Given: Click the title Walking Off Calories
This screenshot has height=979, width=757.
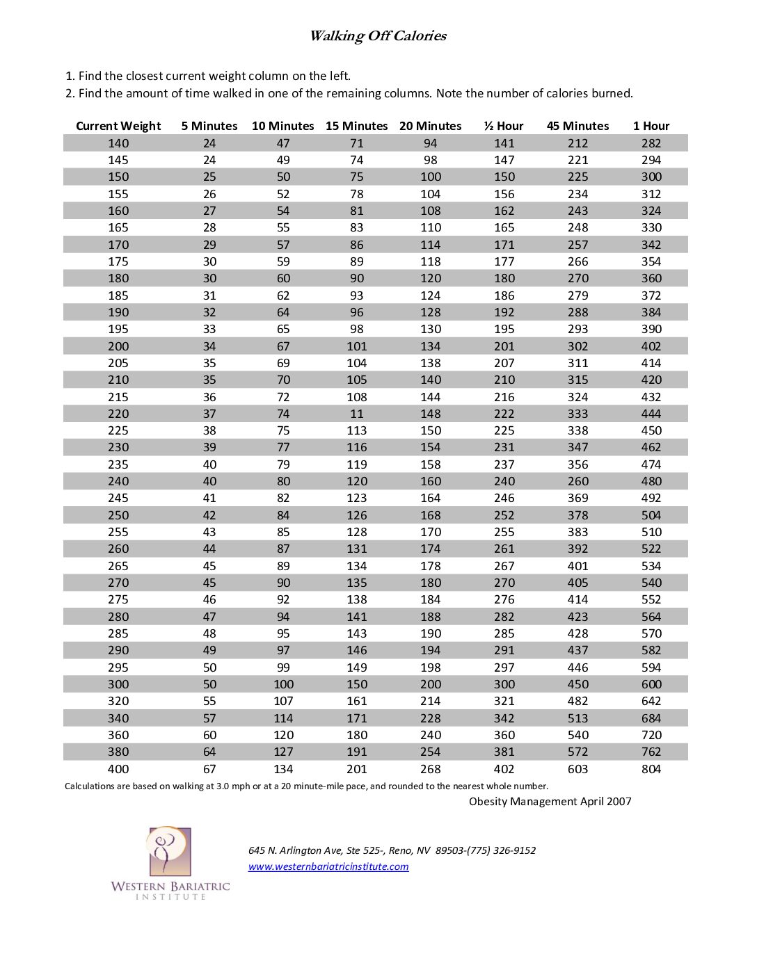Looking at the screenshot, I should click(378, 36).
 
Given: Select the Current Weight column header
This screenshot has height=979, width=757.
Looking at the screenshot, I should click(118, 126).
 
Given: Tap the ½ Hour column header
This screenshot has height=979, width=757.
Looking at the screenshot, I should click(504, 126).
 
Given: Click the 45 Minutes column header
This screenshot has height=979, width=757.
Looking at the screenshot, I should click(577, 126).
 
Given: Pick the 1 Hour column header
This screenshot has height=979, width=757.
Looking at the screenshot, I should click(651, 126).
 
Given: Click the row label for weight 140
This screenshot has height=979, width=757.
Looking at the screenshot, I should click(118, 143).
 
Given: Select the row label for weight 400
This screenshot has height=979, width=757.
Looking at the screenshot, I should click(118, 769).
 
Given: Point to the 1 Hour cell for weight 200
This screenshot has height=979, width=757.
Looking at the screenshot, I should click(651, 346).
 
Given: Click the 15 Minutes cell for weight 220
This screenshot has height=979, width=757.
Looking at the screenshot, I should click(357, 414).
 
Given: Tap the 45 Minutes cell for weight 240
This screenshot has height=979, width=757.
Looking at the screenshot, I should click(577, 481).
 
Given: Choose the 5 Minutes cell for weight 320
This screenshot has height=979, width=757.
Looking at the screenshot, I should click(209, 701).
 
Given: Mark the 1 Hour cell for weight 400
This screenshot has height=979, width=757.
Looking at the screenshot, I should click(651, 769).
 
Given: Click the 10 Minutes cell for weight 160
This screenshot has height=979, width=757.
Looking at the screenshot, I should click(283, 211).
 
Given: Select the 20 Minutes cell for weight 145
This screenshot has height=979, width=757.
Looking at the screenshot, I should click(431, 160).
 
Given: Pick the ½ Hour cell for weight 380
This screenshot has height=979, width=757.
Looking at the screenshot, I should click(504, 752).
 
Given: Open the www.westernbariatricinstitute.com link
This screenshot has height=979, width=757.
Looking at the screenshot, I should click(328, 866).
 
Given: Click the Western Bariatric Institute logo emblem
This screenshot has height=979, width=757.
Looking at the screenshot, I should click(169, 851).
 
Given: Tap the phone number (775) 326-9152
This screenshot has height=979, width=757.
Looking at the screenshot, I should click(501, 850).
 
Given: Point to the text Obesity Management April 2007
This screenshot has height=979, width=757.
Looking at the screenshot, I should click(550, 802).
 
